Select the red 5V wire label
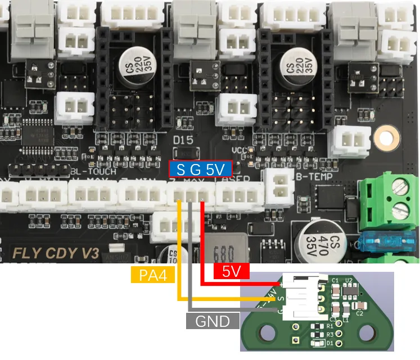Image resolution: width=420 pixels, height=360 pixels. point(231,272)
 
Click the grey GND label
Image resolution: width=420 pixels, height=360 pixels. point(213,321)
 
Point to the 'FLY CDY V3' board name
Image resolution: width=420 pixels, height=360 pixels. point(56,253)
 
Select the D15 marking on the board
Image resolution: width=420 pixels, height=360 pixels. point(183,139)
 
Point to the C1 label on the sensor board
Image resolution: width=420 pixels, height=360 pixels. point(336,280)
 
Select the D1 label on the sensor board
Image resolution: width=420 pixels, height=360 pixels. point(330,343)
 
